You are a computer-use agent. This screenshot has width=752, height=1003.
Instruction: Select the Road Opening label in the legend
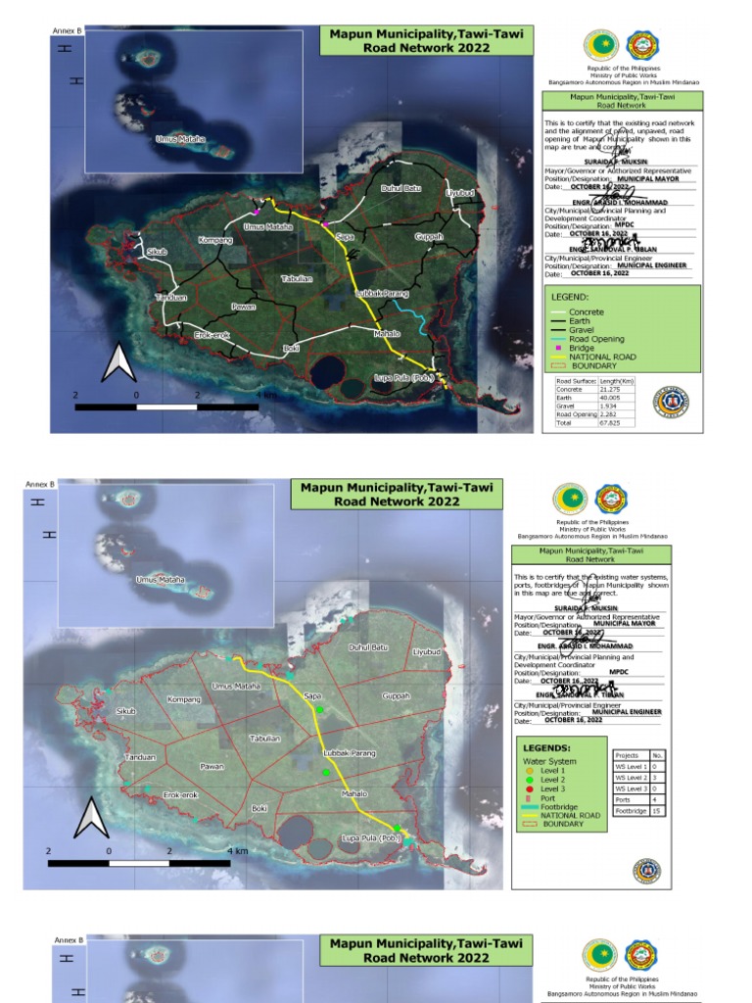pos(596,339)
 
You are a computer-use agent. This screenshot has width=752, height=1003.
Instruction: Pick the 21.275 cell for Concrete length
pos(610,389)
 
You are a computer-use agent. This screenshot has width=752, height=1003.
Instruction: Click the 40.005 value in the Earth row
pos(610,398)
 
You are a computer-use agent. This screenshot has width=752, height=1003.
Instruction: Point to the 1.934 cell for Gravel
pos(608,406)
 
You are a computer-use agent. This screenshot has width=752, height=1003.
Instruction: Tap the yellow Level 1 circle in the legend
pos(529,771)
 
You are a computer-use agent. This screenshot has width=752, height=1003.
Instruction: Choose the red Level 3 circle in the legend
pos(529,788)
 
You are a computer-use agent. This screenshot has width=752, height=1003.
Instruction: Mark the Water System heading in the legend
pos(549,761)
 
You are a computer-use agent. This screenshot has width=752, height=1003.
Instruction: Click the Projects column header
pos(627,755)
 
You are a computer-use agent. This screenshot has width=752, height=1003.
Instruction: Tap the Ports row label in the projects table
pos(623,800)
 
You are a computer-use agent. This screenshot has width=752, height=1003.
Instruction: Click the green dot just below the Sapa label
pos(319,708)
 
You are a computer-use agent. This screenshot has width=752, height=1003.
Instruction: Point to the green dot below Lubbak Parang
pos(326,773)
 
